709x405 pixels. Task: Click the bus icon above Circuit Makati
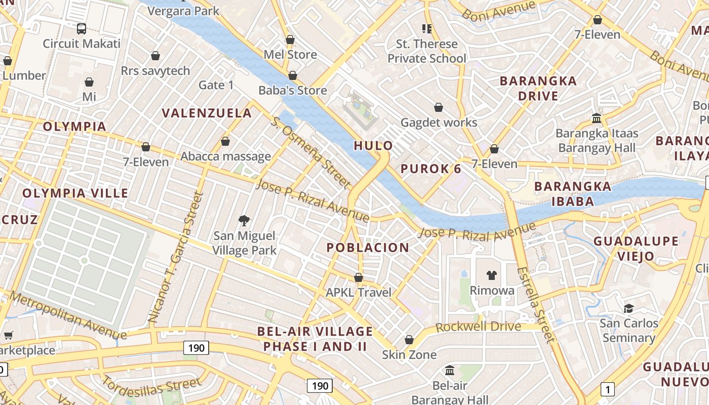pyautogui.click(x=81, y=28)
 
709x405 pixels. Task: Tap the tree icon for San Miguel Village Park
pyautogui.click(x=244, y=220)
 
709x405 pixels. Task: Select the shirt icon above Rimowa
pyautogui.click(x=491, y=275)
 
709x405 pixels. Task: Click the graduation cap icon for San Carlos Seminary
pyautogui.click(x=628, y=308)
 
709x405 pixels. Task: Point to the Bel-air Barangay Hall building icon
pyautogui.click(x=449, y=371)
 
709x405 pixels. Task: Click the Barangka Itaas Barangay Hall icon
pyautogui.click(x=596, y=118)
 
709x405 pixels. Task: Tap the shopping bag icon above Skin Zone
pyautogui.click(x=409, y=340)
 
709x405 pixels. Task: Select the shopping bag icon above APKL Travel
pyautogui.click(x=359, y=277)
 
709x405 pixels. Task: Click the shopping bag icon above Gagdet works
pyautogui.click(x=439, y=107)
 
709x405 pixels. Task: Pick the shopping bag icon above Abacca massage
pyautogui.click(x=225, y=141)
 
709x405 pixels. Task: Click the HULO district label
pyautogui.click(x=373, y=146)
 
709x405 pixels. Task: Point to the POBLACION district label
pyautogui.click(x=368, y=248)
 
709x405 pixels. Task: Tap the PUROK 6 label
pyautogui.click(x=431, y=169)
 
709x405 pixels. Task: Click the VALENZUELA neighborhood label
pyautogui.click(x=207, y=113)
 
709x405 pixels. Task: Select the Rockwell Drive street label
pyautogui.click(x=478, y=327)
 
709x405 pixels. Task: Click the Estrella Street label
pyautogui.click(x=536, y=304)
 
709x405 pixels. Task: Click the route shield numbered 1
pyautogui.click(x=607, y=389)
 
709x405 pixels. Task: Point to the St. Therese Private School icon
pyautogui.click(x=426, y=29)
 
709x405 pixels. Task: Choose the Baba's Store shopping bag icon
pyautogui.click(x=292, y=76)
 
